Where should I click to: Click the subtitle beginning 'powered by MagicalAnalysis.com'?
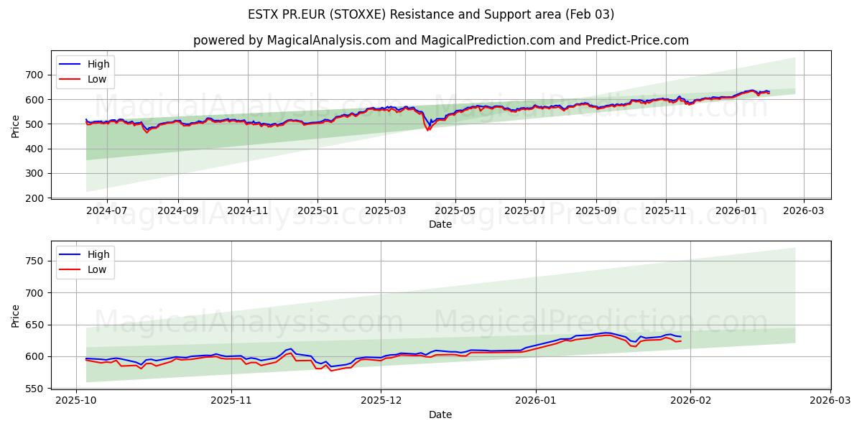[x=440, y=40]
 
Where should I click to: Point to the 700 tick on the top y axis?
[x=34, y=75]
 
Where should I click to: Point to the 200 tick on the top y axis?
[x=34, y=198]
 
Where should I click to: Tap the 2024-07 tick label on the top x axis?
[x=106, y=211]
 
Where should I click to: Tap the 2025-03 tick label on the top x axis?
[x=385, y=211]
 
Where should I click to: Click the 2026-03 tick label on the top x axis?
[x=803, y=211]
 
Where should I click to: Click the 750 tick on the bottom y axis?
[x=34, y=261]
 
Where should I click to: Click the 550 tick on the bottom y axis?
[x=34, y=389]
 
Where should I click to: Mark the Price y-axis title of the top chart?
[x=16, y=126]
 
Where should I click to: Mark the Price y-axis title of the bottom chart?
[x=16, y=316]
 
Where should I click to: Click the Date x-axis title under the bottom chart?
[x=440, y=414]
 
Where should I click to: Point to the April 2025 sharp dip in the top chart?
[x=427, y=129]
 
